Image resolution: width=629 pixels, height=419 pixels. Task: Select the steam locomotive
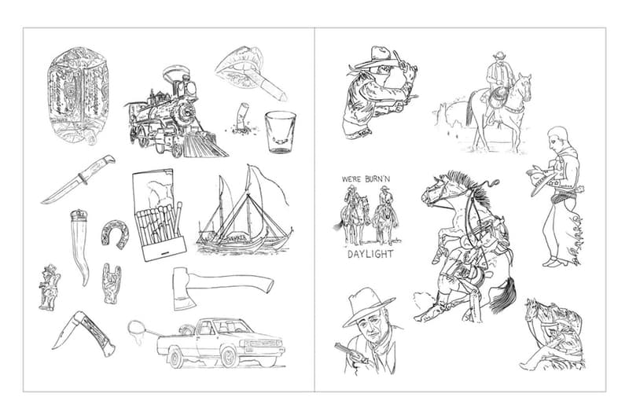pos(175,116)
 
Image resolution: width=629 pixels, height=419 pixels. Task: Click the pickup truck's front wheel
pos(229,358)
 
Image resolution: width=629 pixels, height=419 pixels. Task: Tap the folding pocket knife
pos(83,332)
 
